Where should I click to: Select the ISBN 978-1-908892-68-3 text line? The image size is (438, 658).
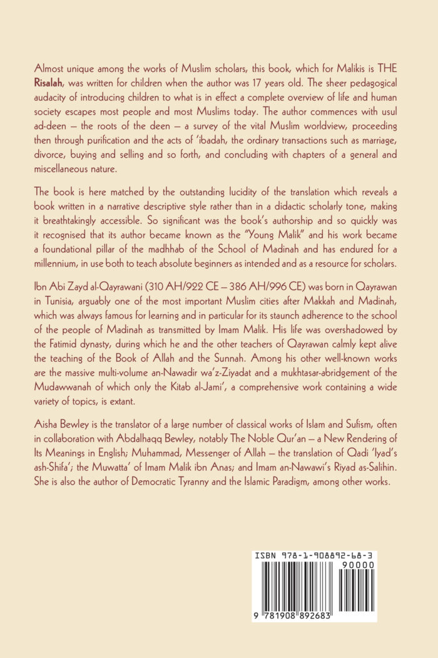pos(315,556)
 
